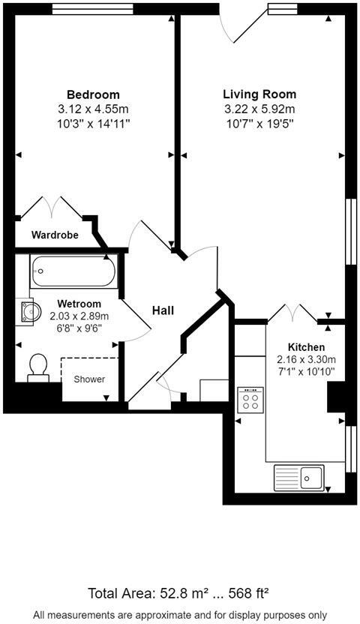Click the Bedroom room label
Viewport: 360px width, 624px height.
[93, 94]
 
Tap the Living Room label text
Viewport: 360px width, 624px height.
[259, 94]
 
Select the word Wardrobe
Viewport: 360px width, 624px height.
[55, 235]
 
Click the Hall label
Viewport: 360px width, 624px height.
[163, 310]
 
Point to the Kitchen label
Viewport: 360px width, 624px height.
[306, 347]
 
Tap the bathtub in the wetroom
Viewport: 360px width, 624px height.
[74, 271]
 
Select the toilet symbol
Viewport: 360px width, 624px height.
[37, 367]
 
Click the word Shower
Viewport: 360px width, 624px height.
[89, 379]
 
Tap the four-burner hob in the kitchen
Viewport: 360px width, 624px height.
[250, 398]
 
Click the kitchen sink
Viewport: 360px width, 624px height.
[298, 476]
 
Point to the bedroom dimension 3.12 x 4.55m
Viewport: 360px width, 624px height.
[93, 108]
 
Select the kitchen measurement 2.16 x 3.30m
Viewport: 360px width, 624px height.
[306, 359]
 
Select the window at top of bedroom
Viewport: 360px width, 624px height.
[92, 9]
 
